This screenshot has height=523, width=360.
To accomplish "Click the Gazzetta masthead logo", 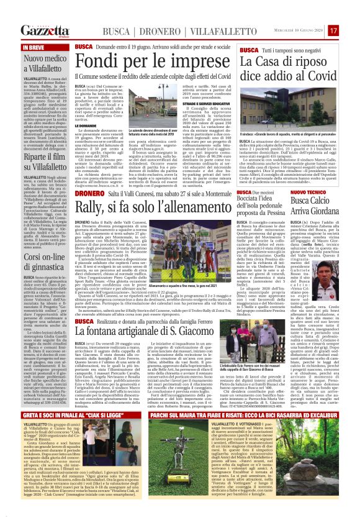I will (x=45, y=30).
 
